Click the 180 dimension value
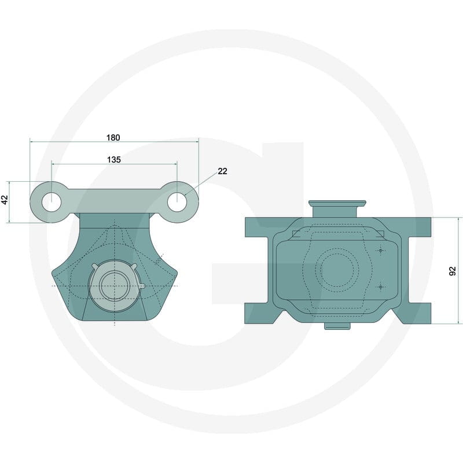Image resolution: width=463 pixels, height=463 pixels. [113, 138]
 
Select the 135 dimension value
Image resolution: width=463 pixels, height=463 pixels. [114, 160]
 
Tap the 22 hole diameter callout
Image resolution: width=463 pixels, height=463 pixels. [222, 171]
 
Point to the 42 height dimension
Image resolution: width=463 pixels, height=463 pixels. [5, 200]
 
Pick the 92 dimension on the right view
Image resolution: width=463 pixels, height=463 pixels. [453, 271]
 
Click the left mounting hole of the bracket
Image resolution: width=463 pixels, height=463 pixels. [52, 202]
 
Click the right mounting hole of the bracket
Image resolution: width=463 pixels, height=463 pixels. [177, 202]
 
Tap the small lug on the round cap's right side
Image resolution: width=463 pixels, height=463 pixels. [142, 286]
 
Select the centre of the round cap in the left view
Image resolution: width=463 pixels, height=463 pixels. [114, 286]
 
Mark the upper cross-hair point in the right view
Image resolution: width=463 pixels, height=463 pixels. [381, 251]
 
